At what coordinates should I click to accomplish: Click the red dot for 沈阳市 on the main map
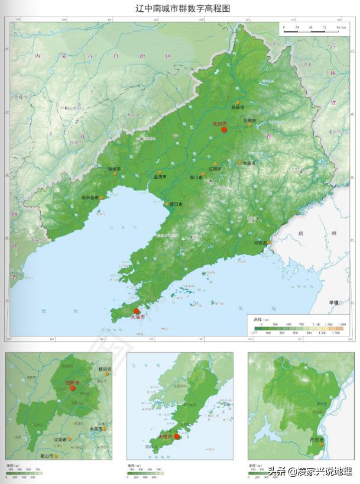[x=224, y=129]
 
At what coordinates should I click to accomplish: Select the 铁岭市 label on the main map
[x=237, y=107]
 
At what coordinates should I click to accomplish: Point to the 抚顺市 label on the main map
[x=250, y=120]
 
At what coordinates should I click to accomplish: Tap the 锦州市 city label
[x=114, y=169]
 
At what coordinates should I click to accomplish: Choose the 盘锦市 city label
[x=160, y=177]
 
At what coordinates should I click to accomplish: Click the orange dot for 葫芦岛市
[x=102, y=197]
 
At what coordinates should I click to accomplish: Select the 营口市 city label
[x=176, y=204]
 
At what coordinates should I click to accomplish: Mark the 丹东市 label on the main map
[x=260, y=243]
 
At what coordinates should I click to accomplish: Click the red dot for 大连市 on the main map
[x=137, y=311]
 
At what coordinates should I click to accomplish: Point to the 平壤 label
[x=334, y=302]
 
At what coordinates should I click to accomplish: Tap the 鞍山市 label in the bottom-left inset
[x=47, y=456]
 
